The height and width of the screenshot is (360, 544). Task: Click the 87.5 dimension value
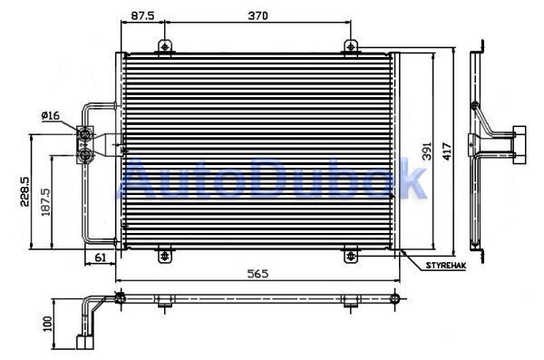(142, 15)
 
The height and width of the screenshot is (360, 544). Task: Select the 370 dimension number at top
(257, 15)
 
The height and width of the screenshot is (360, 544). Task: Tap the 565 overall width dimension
(257, 274)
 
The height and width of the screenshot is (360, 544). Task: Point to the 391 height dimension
(427, 151)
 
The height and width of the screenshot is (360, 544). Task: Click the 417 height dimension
(447, 151)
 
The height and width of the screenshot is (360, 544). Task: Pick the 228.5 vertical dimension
(24, 191)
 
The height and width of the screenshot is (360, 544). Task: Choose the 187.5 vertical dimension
(46, 202)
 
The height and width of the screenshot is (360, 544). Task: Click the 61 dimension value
(100, 258)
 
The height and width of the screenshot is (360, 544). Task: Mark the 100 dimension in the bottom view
(48, 324)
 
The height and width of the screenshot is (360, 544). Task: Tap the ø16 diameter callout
(51, 115)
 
